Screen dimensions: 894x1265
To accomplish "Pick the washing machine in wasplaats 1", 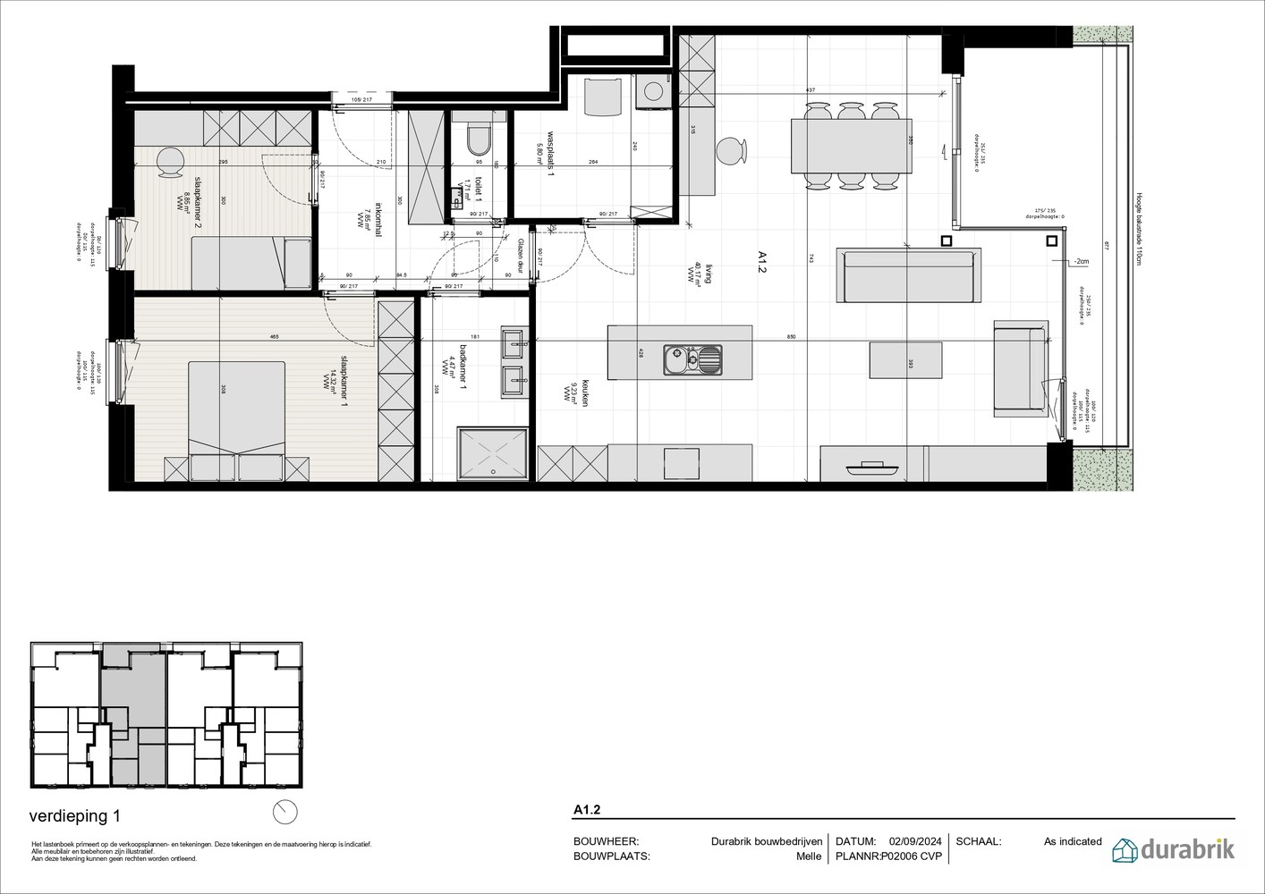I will [655, 92].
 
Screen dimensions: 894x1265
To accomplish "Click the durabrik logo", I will [1173, 849].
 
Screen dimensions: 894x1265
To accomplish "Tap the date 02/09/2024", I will [915, 841].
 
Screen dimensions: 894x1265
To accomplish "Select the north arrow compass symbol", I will [285, 811].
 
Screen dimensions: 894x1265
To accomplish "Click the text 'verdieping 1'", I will [74, 816].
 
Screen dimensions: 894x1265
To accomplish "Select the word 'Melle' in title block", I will [808, 856].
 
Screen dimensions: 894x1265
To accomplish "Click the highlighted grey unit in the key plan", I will [132, 706].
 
